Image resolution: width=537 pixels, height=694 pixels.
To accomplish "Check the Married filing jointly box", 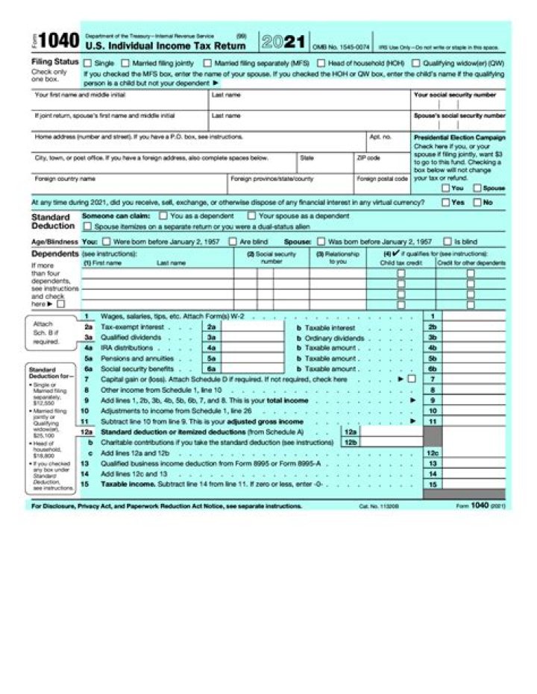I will point(125,63).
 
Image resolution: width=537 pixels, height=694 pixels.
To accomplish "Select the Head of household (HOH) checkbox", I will point(321,63).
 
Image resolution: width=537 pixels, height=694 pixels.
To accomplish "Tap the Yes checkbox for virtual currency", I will point(445,202).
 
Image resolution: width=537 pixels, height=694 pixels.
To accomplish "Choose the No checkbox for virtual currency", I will point(478,202).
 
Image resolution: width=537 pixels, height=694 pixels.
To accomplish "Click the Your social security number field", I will point(458,105).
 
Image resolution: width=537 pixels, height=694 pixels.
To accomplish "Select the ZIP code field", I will point(380,166).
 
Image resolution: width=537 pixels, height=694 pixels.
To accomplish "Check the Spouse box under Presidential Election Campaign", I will point(477,188).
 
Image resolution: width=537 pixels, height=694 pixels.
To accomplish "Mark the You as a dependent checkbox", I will point(165,216).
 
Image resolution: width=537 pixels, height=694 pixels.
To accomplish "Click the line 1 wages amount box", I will point(473,316).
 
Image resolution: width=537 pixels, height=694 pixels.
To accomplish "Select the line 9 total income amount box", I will point(473,400).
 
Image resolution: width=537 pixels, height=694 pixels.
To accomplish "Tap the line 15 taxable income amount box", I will point(473,483).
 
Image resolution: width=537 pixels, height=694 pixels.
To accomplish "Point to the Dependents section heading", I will point(54,253).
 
